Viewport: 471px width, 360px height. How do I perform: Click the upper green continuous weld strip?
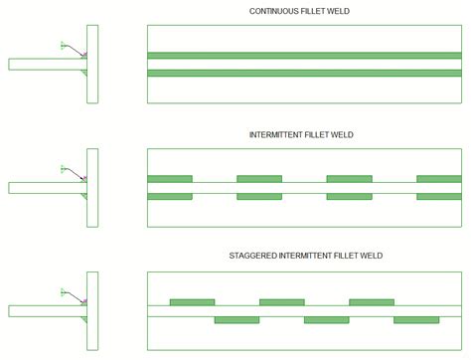pyautogui.click(x=304, y=56)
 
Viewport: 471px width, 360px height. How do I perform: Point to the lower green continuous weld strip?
pyautogui.click(x=304, y=73)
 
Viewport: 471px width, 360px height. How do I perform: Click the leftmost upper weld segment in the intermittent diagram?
pyautogui.click(x=169, y=179)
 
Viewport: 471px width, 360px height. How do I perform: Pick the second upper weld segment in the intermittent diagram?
pyautogui.click(x=258, y=179)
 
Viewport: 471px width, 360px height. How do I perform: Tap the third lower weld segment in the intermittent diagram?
pyautogui.click(x=349, y=196)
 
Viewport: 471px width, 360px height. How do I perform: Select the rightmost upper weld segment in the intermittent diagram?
pyautogui.click(x=438, y=179)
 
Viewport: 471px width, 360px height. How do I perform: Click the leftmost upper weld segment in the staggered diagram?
pyautogui.click(x=192, y=301)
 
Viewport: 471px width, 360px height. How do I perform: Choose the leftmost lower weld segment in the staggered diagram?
pyautogui.click(x=236, y=319)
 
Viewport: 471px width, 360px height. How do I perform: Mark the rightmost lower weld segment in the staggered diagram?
pyautogui.click(x=415, y=319)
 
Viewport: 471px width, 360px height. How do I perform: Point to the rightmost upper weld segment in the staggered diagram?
pyautogui.click(x=371, y=301)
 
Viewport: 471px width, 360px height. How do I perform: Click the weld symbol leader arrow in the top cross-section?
pyautogui.click(x=75, y=50)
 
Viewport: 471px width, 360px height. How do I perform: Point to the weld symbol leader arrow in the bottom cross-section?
pyautogui.click(x=75, y=296)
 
